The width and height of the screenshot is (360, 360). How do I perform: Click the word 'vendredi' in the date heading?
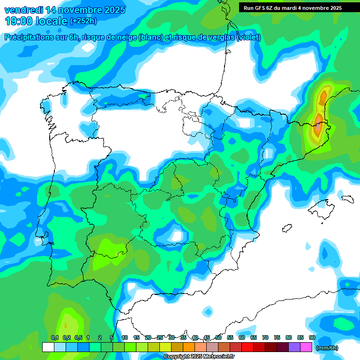point(23,10)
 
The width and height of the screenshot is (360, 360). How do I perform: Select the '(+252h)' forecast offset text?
point(83,21)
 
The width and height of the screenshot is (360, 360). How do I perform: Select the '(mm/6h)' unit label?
point(327,348)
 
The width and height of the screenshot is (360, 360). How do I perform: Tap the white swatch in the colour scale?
point(48,347)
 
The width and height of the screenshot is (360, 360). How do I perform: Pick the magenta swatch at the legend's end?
point(306,347)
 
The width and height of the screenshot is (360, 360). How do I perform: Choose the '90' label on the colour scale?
point(312,337)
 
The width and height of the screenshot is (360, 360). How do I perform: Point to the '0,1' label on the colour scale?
point(54,337)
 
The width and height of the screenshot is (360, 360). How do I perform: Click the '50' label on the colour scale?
point(218,337)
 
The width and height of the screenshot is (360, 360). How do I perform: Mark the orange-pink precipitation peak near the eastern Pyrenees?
point(319,126)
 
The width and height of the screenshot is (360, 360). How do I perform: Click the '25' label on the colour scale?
point(160,337)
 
